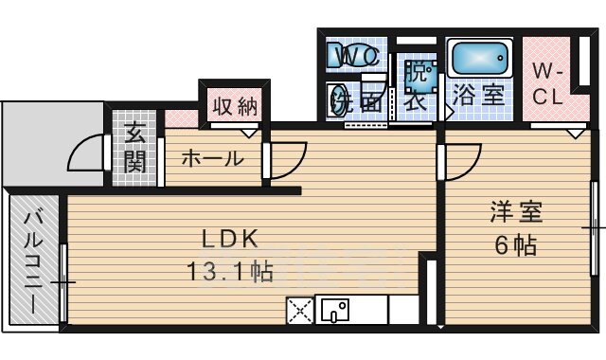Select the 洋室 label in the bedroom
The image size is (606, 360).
pyautogui.click(x=515, y=211)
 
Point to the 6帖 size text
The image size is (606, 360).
pyautogui.click(x=515, y=245)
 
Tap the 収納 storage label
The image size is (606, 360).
pyautogui.click(x=234, y=106)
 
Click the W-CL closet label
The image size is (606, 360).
pyautogui.click(x=546, y=83)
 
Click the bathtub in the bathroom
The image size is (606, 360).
pyautogui.click(x=480, y=58)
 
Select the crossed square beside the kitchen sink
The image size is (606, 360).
pyautogui.click(x=300, y=310)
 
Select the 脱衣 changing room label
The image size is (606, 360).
pyautogui.click(x=418, y=85)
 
